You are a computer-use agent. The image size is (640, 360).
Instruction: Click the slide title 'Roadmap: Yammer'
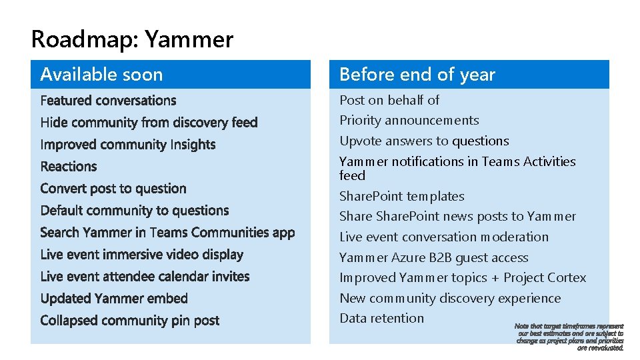pyautogui.click(x=132, y=40)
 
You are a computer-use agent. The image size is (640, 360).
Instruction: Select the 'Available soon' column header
pyautogui.click(x=101, y=75)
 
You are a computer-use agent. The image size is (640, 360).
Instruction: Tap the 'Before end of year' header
pyautogui.click(x=417, y=75)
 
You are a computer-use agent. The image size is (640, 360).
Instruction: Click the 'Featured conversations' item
pyautogui.click(x=108, y=101)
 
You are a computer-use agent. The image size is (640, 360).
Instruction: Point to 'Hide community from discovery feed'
pyautogui.click(x=149, y=123)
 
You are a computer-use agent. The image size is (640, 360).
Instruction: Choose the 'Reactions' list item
pyautogui.click(x=69, y=167)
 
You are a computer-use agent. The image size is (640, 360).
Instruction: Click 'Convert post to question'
pyautogui.click(x=113, y=189)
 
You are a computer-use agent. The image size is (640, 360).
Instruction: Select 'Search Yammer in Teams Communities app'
pyautogui.click(x=167, y=233)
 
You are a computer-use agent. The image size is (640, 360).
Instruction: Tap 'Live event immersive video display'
pyautogui.click(x=141, y=255)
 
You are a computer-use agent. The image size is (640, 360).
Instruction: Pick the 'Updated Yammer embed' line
pyautogui.click(x=114, y=299)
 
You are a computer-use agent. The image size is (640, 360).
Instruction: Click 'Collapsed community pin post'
pyautogui.click(x=129, y=321)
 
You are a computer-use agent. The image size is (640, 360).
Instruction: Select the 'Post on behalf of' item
pyautogui.click(x=389, y=100)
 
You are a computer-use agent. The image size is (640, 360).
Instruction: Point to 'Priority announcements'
pyautogui.click(x=409, y=121)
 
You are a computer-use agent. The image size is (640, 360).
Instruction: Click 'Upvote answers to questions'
pyautogui.click(x=424, y=141)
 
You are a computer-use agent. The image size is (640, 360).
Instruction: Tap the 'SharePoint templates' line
pyautogui.click(x=402, y=197)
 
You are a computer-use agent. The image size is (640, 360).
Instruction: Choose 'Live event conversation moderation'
pyautogui.click(x=444, y=237)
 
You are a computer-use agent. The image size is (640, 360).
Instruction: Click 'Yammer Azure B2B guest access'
pyautogui.click(x=434, y=258)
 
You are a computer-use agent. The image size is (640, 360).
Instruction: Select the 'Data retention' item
pyautogui.click(x=382, y=319)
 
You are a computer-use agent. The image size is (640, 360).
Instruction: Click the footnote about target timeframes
pyautogui.click(x=570, y=337)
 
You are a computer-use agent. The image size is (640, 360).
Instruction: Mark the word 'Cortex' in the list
pyautogui.click(x=566, y=278)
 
